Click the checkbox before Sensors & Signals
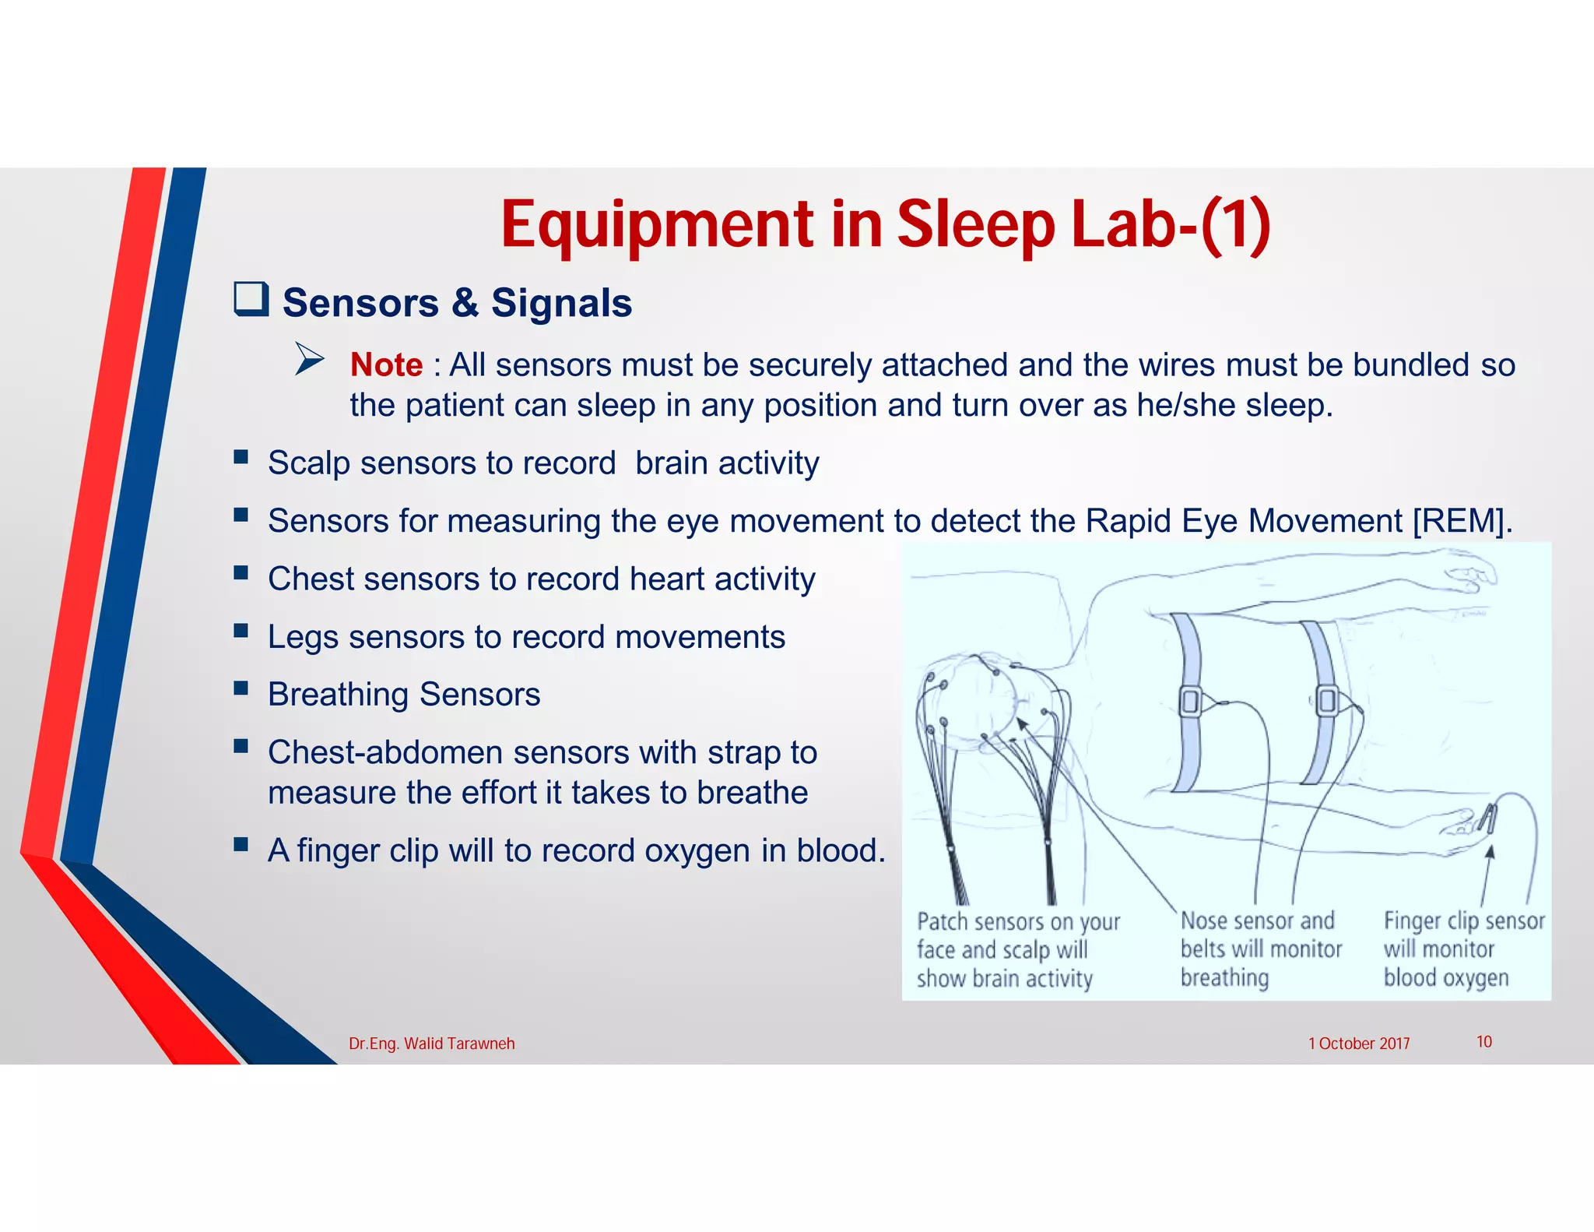click(x=251, y=300)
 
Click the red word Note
click(x=386, y=364)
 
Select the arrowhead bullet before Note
click(x=309, y=359)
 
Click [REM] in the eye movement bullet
click(x=1462, y=520)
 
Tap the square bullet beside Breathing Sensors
click(x=241, y=688)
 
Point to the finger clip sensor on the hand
click(x=1487, y=818)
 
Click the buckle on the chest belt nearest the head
click(x=1190, y=702)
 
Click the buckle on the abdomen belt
click(x=1327, y=700)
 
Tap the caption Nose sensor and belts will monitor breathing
click(x=1260, y=949)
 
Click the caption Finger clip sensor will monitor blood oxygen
click(x=1462, y=949)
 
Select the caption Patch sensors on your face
click(x=1017, y=949)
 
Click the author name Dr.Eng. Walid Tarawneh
click(x=431, y=1044)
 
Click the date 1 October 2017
click(x=1358, y=1044)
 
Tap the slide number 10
click(x=1483, y=1042)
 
